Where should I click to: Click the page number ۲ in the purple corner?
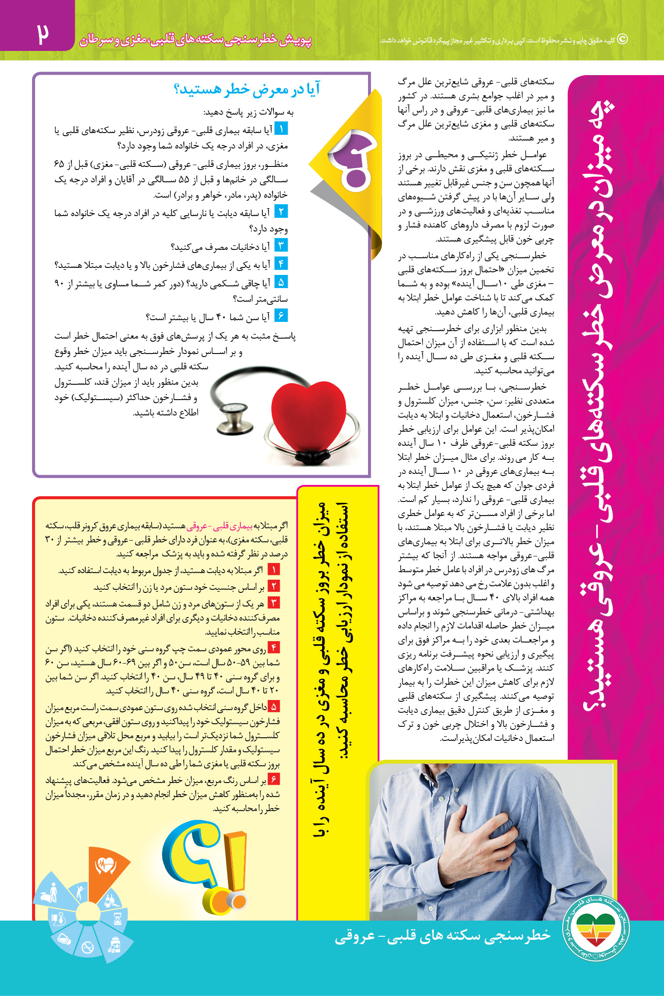tap(43, 34)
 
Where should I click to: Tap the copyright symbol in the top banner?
tap(622, 40)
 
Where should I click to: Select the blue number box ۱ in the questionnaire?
tap(281, 129)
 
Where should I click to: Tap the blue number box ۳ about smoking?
tap(281, 245)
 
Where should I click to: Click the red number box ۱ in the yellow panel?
tap(274, 570)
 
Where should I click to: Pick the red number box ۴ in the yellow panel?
tap(274, 648)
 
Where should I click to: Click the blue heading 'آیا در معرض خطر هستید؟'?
tap(247, 89)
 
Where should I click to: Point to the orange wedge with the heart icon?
tap(105, 867)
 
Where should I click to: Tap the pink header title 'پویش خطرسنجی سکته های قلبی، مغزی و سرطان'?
tap(195, 40)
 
